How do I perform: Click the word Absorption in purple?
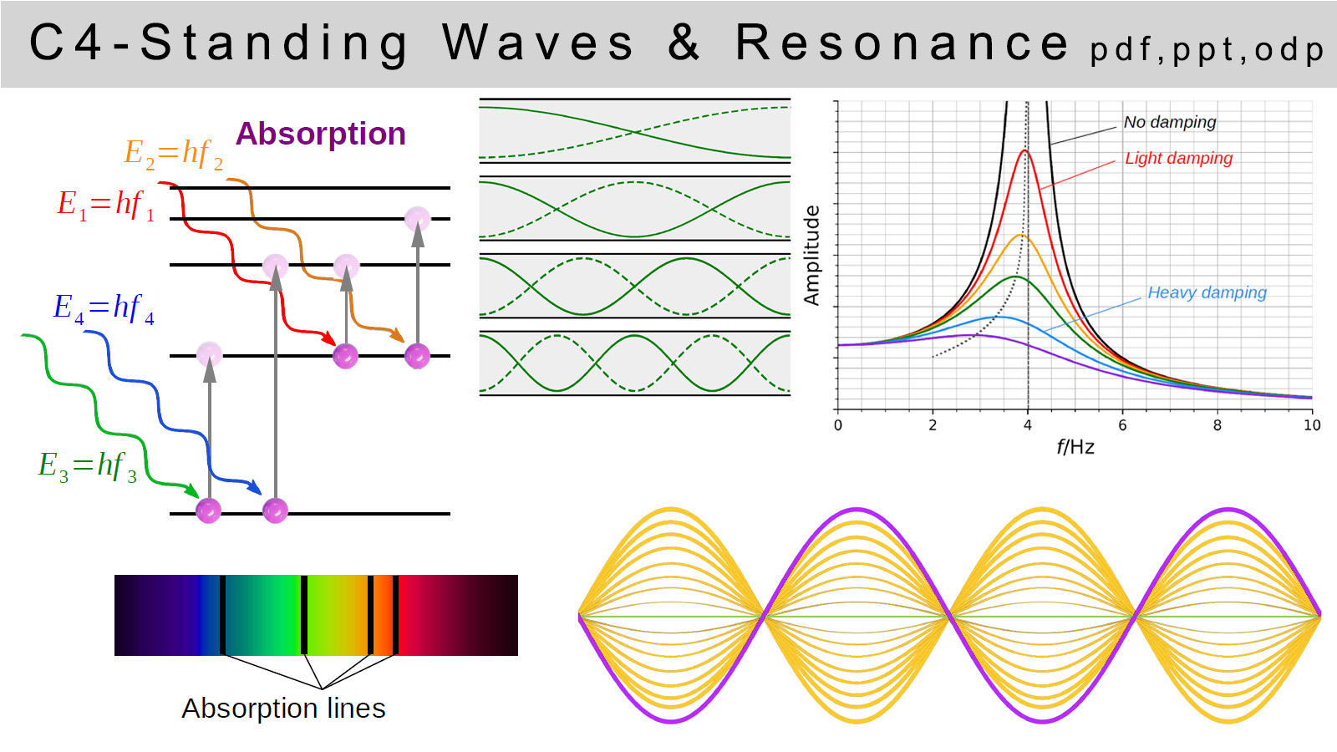click(x=321, y=134)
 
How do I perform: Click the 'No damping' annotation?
click(x=1169, y=122)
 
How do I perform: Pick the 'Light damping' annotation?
click(x=1178, y=158)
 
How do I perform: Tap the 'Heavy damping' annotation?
click(x=1207, y=292)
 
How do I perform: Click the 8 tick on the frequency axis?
click(x=1217, y=425)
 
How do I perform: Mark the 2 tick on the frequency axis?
click(x=933, y=425)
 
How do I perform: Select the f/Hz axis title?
click(x=1075, y=447)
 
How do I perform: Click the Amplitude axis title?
click(x=811, y=255)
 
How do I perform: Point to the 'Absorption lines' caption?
click(x=283, y=709)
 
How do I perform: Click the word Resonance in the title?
click(x=902, y=43)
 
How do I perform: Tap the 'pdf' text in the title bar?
click(x=1121, y=50)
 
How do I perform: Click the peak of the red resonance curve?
click(x=1025, y=151)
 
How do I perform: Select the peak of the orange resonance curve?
click(x=1020, y=236)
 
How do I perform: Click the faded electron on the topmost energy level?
click(x=417, y=219)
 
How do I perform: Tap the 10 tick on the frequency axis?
click(x=1312, y=425)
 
